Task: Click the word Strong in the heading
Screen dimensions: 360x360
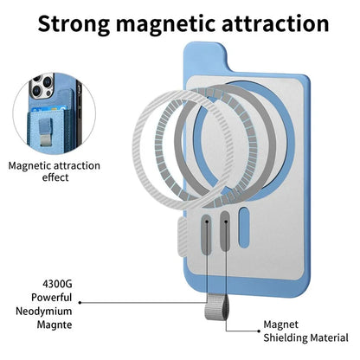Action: click(74, 25)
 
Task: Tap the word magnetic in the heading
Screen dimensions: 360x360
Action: click(165, 23)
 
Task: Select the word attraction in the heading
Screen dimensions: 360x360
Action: click(275, 23)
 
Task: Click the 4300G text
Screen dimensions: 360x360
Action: click(57, 284)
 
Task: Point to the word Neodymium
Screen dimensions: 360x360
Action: click(44, 312)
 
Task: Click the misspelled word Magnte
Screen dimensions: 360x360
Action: click(55, 325)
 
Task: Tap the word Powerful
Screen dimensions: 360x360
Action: click(52, 298)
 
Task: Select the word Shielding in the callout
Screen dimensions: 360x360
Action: click(284, 337)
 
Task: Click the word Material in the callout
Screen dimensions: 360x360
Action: click(328, 337)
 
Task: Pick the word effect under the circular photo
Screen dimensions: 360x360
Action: click(55, 177)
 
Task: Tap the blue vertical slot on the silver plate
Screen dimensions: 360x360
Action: click(244, 228)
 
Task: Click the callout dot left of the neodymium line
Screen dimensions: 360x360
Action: click(80, 303)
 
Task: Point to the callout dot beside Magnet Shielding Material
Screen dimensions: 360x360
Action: click(259, 331)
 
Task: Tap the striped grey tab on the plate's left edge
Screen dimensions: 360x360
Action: click(183, 237)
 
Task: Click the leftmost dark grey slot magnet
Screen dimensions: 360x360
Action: click(207, 233)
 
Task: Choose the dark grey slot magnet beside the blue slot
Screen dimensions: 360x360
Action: click(225, 231)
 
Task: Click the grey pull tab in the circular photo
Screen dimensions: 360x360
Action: click(46, 132)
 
